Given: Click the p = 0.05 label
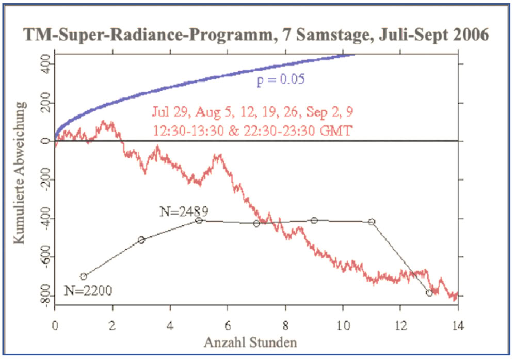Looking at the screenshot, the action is [281, 79].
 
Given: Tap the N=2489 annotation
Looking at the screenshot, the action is [184, 211].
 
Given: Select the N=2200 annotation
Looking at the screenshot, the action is [88, 290].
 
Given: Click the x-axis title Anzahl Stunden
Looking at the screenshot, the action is [250, 342].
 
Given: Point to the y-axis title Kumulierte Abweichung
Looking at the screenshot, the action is [20, 173].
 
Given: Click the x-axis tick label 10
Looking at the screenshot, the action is [343, 325].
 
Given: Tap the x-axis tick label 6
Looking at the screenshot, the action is [228, 325].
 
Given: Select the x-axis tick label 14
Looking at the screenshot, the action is [458, 325].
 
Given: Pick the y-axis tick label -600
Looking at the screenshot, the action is [46, 256].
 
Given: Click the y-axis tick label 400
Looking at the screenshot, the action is [46, 64].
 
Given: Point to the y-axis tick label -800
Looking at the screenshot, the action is [46, 296].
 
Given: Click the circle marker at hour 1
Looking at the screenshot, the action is [84, 276].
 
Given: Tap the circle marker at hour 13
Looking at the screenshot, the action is [429, 293].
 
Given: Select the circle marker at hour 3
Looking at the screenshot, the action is [141, 240].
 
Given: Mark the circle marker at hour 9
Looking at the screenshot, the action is [314, 221].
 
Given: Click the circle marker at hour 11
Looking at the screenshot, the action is [372, 222].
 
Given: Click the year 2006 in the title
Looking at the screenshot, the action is [471, 35].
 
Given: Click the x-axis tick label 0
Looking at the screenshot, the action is [55, 325].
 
